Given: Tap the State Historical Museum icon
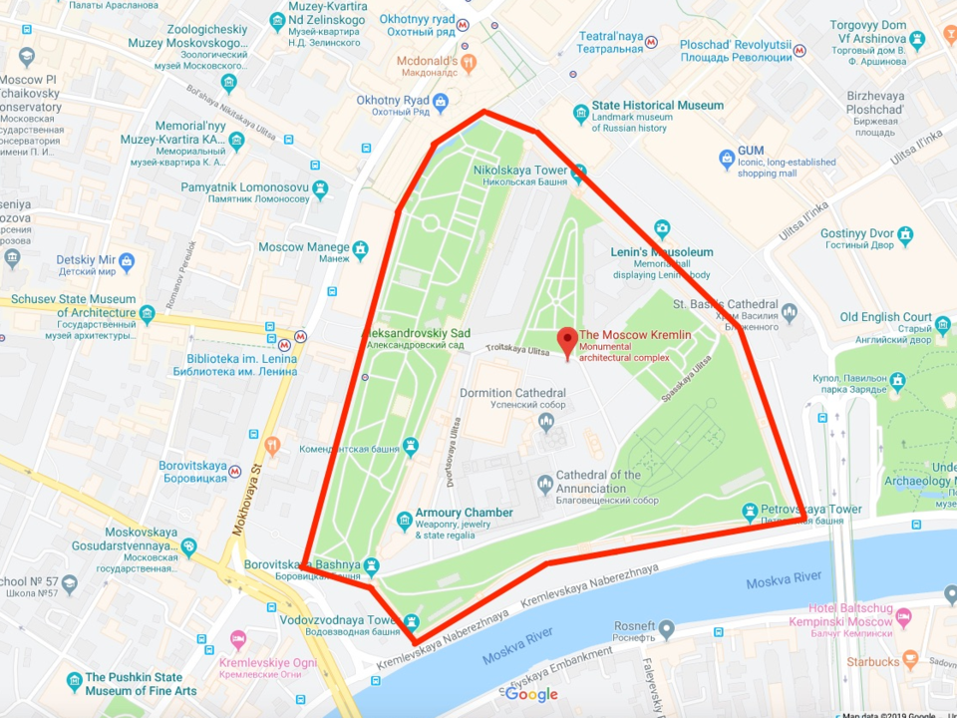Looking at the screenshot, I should tap(580, 113).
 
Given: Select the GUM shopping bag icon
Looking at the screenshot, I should tap(728, 159).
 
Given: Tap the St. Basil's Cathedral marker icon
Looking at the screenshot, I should tap(790, 312).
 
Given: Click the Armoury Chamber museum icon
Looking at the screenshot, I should tap(404, 520).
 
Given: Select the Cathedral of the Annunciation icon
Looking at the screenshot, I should tap(544, 485).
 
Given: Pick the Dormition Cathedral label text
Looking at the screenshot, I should tap(512, 393).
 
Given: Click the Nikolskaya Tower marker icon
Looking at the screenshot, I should tap(578, 171).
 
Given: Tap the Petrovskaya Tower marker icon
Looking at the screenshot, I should tap(750, 514).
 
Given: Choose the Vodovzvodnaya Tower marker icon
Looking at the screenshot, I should tap(410, 622).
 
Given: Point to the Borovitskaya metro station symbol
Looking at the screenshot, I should tap(235, 471).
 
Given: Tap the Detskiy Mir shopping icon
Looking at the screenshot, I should tap(127, 263).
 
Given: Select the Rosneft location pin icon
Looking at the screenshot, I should tap(667, 629).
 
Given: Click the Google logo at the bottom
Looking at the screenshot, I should tap(531, 694).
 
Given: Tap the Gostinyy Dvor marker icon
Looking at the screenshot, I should tap(905, 235).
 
